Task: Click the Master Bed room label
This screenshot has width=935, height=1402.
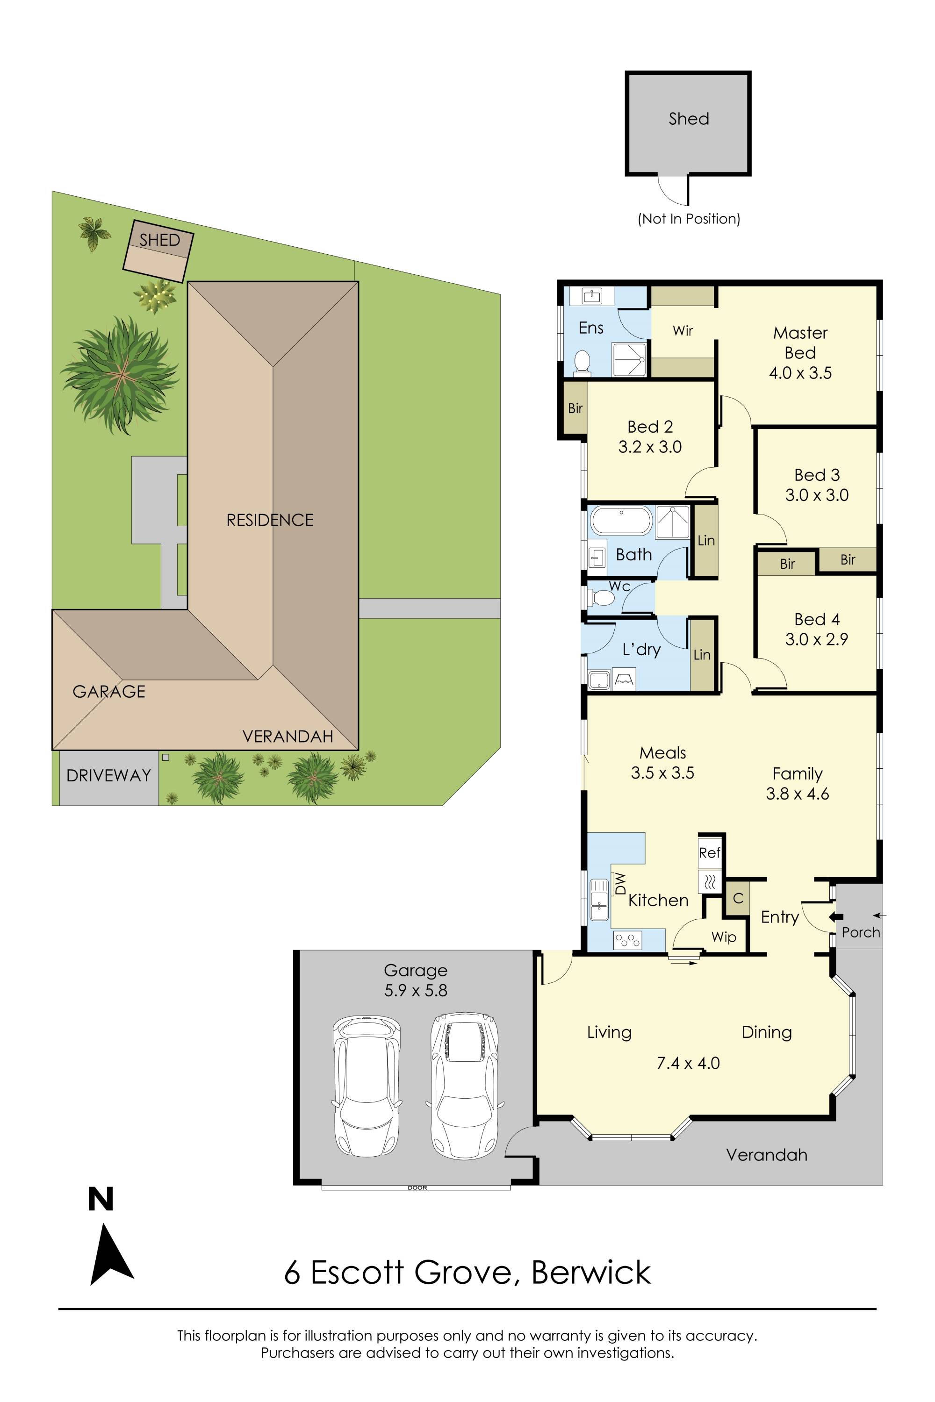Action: pos(800,343)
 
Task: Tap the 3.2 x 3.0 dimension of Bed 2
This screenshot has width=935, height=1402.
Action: pos(650,447)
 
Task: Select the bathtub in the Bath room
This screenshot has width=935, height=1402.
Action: pos(621,521)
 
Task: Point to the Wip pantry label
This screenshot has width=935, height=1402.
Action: pos(723,937)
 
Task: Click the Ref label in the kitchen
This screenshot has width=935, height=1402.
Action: pos(709,853)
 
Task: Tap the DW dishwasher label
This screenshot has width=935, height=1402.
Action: pos(620,883)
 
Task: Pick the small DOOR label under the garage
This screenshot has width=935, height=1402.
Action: pos(417,1188)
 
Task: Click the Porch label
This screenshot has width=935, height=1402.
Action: pos(861,932)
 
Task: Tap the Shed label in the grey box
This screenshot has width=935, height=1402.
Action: pos(689,119)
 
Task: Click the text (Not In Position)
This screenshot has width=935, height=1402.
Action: pos(689,219)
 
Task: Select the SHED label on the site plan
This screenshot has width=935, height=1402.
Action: pos(159,240)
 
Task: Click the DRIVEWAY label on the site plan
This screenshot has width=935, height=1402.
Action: pos(108,775)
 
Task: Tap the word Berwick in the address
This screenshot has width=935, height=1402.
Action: pos(590,1273)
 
